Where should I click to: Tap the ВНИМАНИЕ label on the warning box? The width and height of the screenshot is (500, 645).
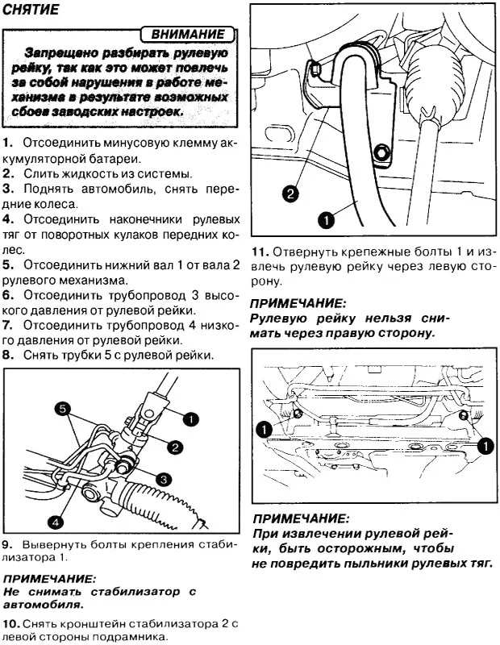click(x=187, y=35)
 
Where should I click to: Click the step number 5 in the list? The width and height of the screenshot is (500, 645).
click(x=7, y=264)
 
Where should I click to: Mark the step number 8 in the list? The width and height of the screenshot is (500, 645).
click(x=7, y=355)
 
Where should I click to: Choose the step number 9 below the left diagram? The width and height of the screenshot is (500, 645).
click(x=7, y=543)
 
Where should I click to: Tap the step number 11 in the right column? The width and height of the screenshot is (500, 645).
click(x=259, y=251)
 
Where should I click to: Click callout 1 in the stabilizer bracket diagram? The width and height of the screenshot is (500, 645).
click(x=326, y=218)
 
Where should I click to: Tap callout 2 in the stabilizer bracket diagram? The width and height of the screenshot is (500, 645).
click(x=290, y=193)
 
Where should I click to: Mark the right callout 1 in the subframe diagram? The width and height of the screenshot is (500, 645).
click(x=484, y=445)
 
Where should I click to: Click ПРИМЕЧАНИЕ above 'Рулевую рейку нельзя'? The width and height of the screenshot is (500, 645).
click(x=298, y=304)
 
